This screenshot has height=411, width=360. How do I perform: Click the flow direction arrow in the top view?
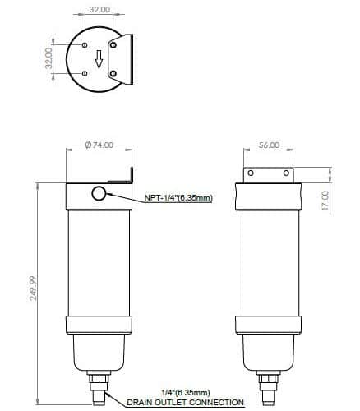click(x=99, y=60)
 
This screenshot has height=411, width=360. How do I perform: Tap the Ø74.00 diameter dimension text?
click(x=99, y=145)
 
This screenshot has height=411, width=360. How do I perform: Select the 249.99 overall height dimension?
click(x=34, y=289)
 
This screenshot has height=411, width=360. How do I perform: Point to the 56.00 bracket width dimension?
click(x=270, y=145)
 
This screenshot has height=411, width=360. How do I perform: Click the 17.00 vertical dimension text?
click(x=325, y=201)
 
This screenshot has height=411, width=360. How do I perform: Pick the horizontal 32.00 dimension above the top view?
click(x=99, y=9)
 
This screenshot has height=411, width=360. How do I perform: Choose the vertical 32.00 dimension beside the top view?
click(x=48, y=58)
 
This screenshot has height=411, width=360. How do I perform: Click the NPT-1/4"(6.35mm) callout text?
click(x=178, y=197)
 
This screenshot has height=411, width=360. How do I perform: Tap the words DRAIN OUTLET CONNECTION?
click(x=186, y=403)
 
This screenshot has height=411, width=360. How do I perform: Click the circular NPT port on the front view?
click(x=99, y=194)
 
